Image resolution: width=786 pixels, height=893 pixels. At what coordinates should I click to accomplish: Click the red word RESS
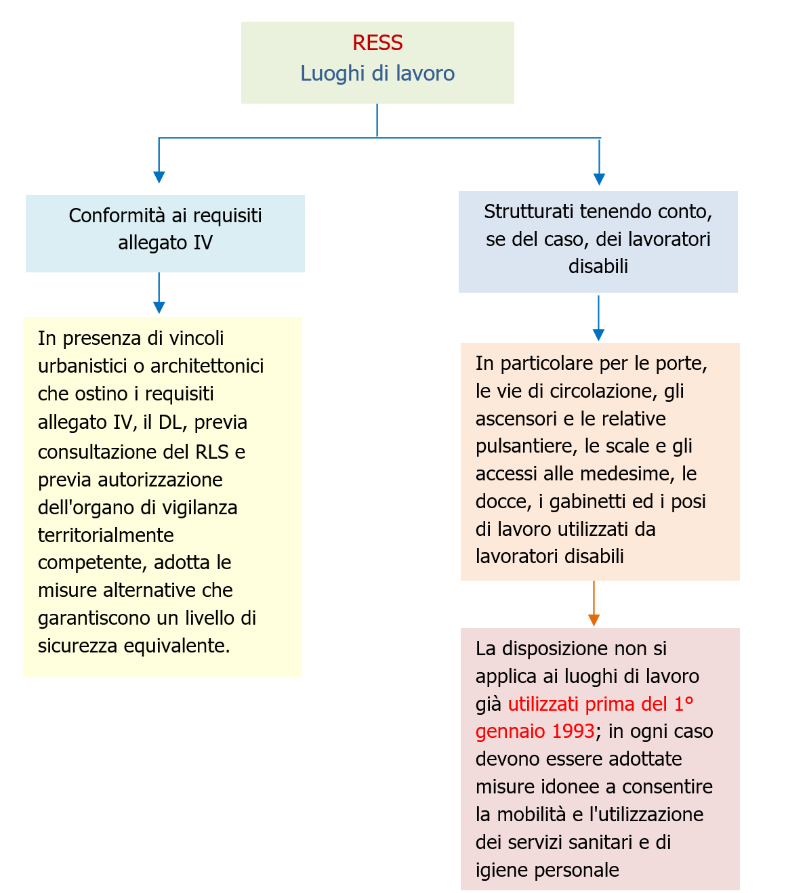377,43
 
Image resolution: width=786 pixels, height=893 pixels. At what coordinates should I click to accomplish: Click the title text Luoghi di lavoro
377,73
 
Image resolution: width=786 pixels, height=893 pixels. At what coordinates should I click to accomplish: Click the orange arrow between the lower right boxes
594,603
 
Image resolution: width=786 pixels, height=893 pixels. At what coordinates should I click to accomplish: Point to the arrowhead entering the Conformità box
159,177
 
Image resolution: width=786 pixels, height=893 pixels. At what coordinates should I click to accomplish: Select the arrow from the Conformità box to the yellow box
159,293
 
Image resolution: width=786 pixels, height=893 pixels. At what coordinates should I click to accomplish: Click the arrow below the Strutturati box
598,317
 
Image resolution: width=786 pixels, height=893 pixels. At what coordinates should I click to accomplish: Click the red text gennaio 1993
535,732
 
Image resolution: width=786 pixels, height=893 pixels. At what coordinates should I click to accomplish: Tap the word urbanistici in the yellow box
83,366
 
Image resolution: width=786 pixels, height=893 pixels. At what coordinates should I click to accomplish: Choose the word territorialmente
106,535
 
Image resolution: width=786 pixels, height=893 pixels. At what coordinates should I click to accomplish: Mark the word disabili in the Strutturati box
598,266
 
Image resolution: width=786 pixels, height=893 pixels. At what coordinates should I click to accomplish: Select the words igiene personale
547,870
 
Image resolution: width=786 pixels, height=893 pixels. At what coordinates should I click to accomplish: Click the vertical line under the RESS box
377,120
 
